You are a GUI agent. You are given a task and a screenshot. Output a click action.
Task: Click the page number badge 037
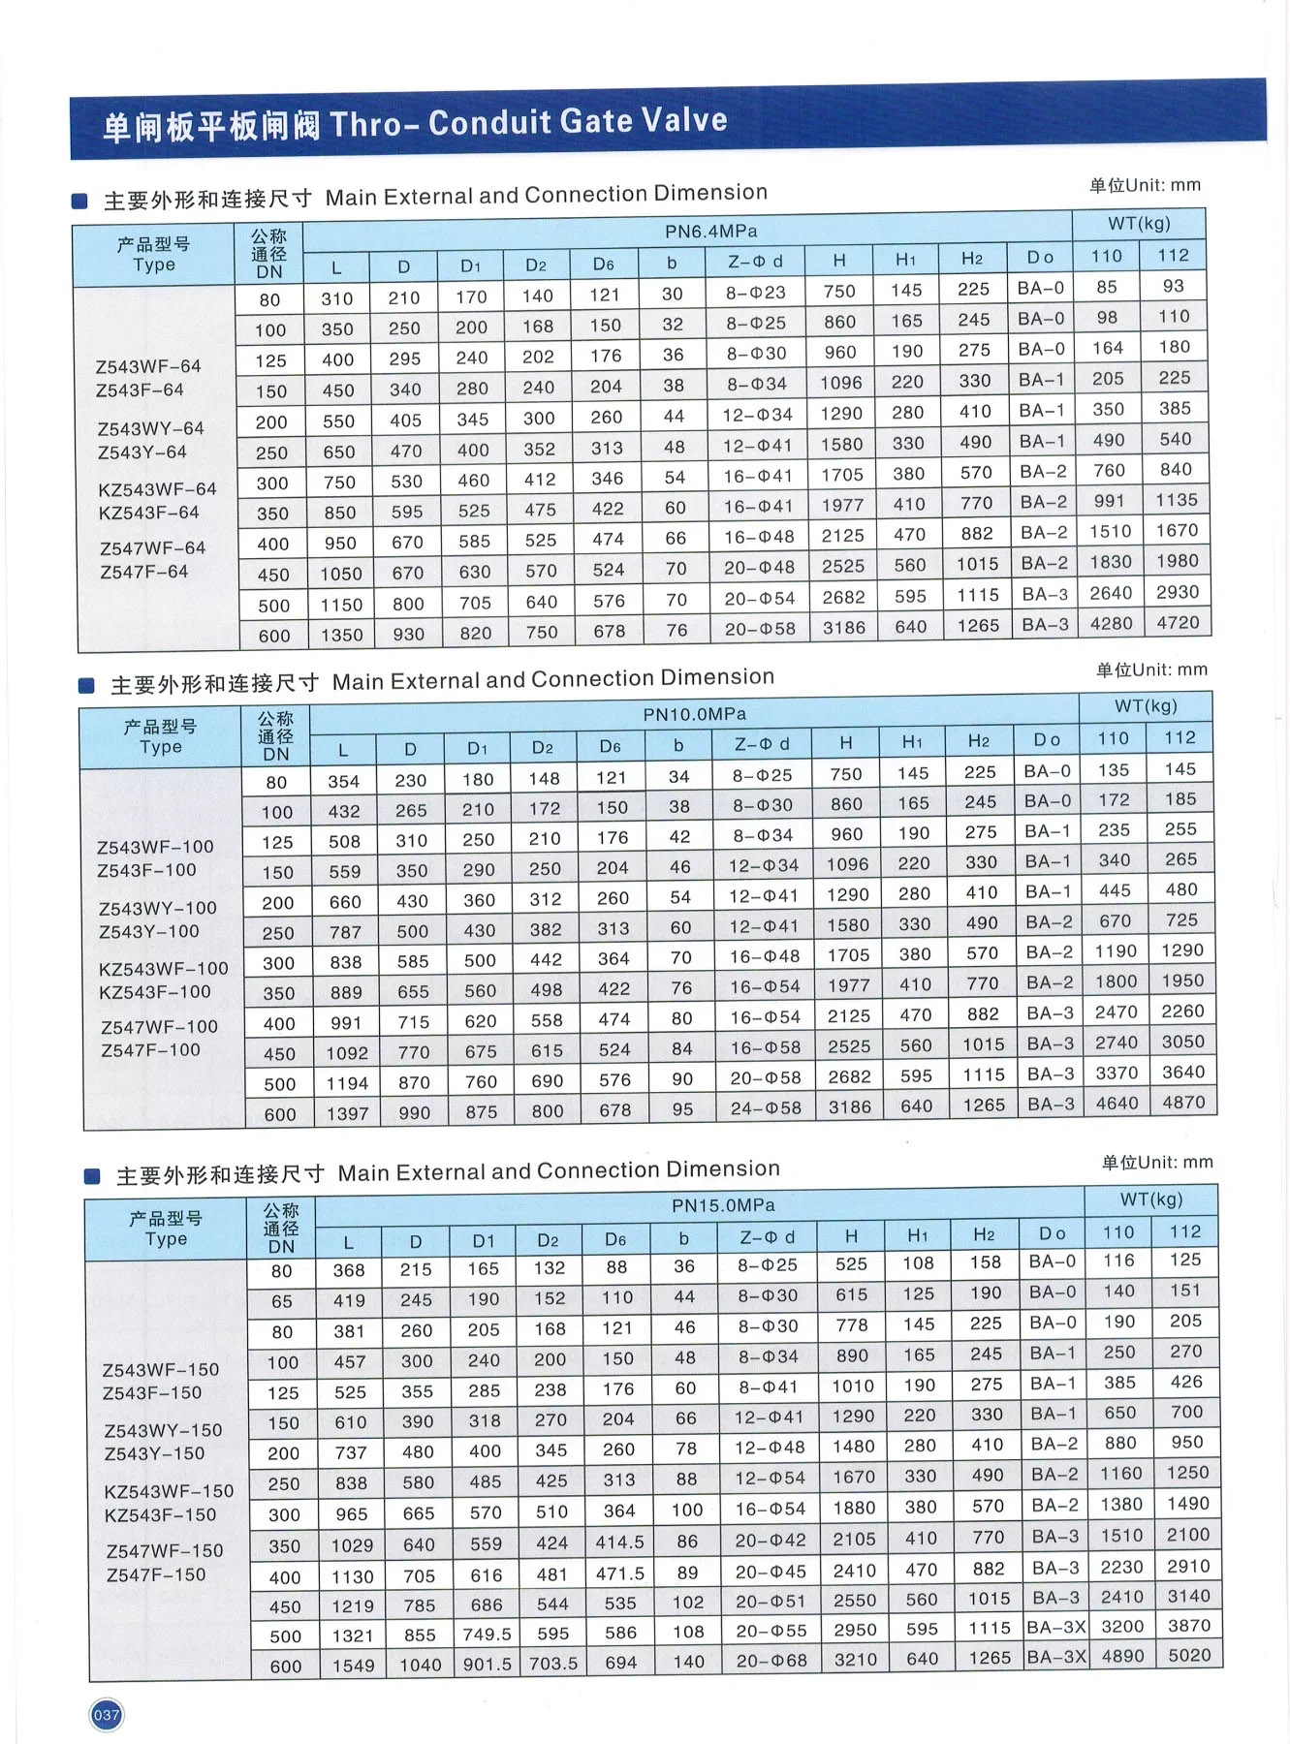[106, 1715]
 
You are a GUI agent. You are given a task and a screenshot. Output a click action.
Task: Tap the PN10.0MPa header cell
[694, 715]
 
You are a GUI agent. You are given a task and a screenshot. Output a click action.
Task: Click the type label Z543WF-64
[148, 366]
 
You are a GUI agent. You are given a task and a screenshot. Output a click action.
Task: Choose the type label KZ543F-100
[155, 992]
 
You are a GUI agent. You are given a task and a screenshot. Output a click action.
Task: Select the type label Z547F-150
[156, 1574]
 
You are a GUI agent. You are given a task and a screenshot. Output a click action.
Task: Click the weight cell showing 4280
[1111, 623]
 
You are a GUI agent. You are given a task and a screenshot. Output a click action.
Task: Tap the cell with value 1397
[347, 1113]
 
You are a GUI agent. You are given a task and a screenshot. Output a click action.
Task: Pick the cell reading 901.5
[487, 1664]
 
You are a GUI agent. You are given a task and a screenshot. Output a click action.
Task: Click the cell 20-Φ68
[771, 1661]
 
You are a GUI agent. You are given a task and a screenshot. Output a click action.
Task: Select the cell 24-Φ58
[766, 1107]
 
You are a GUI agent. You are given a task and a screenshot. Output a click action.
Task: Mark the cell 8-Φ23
[756, 293]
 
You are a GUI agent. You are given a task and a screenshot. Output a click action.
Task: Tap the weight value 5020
[1189, 1656]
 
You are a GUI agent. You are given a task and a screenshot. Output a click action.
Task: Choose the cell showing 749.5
[487, 1634]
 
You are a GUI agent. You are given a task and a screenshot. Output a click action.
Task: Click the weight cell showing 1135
[1177, 500]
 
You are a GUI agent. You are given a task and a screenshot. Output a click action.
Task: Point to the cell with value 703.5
[553, 1664]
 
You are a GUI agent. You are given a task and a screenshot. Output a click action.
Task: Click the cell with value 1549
[353, 1666]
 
